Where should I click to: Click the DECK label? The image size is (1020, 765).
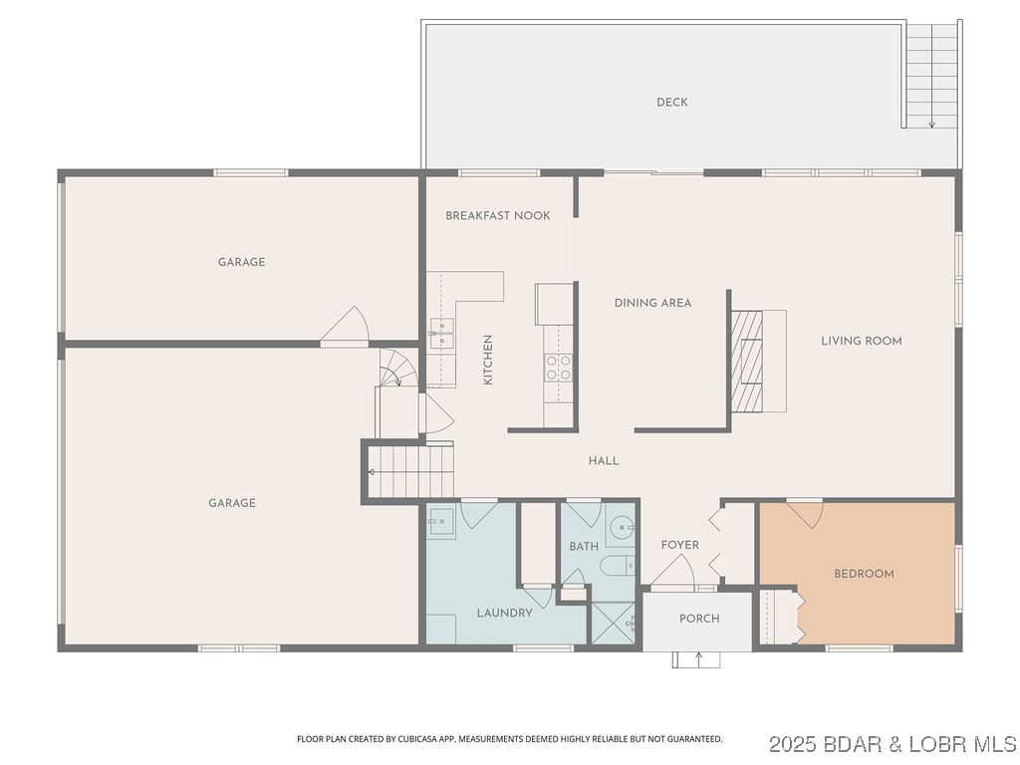click(x=672, y=103)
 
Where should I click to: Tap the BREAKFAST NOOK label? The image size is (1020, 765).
click(x=498, y=216)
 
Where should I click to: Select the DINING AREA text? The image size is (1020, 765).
click(x=652, y=303)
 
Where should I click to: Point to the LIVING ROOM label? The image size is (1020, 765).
click(x=862, y=341)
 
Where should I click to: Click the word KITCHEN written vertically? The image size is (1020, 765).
click(x=488, y=360)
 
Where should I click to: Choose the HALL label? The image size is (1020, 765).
click(x=604, y=461)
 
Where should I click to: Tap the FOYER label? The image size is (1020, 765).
click(x=680, y=545)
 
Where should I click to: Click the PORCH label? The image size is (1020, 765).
click(x=699, y=619)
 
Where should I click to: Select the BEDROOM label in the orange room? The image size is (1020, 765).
click(x=864, y=574)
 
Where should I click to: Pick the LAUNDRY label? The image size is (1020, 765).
click(x=504, y=613)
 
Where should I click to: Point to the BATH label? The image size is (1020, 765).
click(x=584, y=547)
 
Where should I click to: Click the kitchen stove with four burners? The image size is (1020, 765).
click(x=559, y=368)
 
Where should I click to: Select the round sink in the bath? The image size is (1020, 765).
click(x=622, y=526)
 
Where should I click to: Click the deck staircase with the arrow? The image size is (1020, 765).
click(x=932, y=76)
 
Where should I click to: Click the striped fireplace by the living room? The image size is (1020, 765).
click(x=747, y=361)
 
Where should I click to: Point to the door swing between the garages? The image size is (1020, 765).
click(x=346, y=327)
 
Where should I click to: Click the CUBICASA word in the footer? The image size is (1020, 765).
click(x=400, y=739)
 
